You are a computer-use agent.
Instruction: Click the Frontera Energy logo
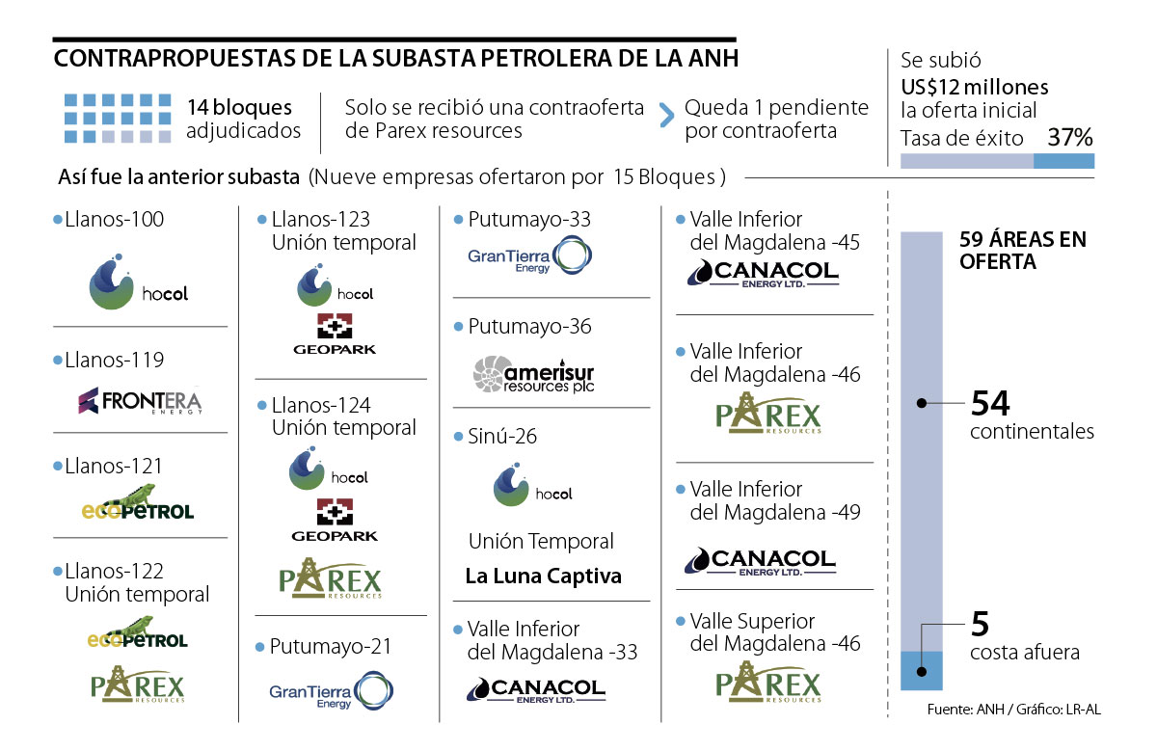pyautogui.click(x=141, y=400)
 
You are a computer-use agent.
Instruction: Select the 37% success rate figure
pyautogui.click(x=1069, y=138)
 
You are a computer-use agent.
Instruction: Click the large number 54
pyautogui.click(x=991, y=402)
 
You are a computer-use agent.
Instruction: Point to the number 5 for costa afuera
pyautogui.click(x=980, y=625)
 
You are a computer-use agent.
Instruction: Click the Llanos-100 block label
pyautogui.click(x=114, y=220)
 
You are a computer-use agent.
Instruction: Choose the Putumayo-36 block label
pyautogui.click(x=529, y=327)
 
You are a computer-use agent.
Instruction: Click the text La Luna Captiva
pyautogui.click(x=543, y=577)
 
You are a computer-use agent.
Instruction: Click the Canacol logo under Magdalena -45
pyautogui.click(x=763, y=274)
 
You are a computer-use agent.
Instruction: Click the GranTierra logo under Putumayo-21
pyautogui.click(x=332, y=694)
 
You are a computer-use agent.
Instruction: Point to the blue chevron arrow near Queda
pyautogui.click(x=665, y=118)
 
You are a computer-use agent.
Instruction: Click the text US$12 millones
pyautogui.click(x=975, y=85)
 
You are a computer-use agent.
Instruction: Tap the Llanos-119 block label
pyautogui.click(x=114, y=361)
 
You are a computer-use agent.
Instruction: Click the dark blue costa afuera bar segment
pyautogui.click(x=921, y=670)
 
